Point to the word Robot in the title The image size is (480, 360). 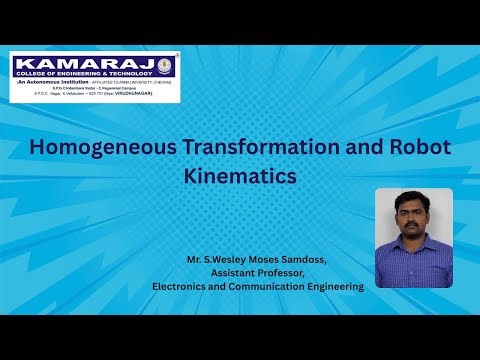pyautogui.click(x=420, y=148)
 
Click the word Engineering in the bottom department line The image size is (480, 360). pyautogui.click(x=336, y=286)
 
